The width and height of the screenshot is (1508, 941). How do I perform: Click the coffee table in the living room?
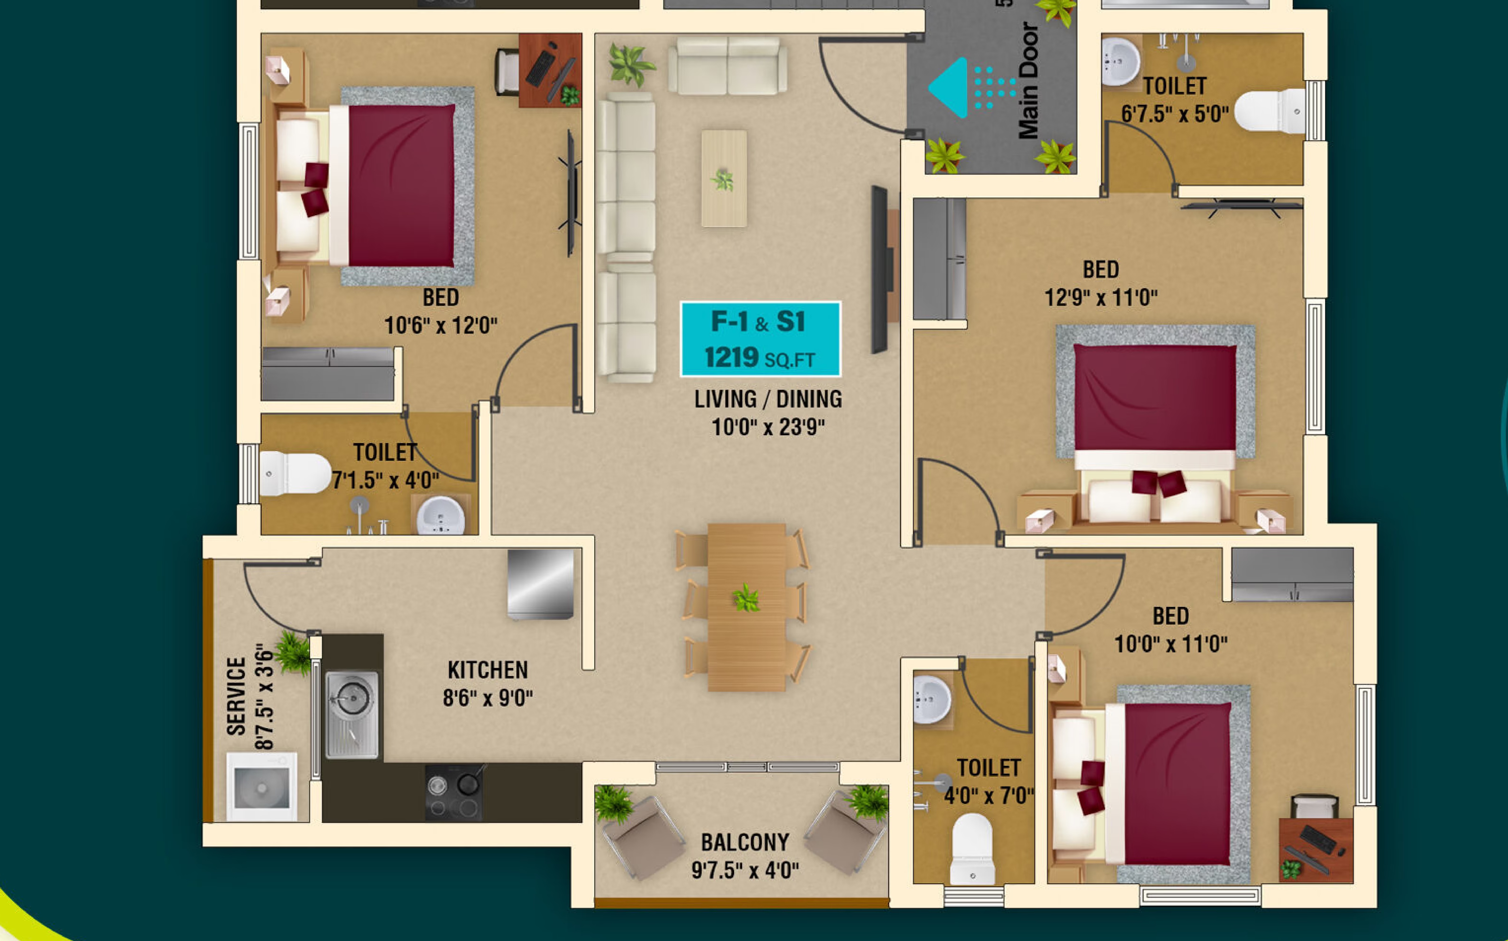point(724,179)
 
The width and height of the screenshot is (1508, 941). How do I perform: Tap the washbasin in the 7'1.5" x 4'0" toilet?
point(440,515)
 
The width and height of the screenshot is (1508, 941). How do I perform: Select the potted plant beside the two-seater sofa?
point(630,64)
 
